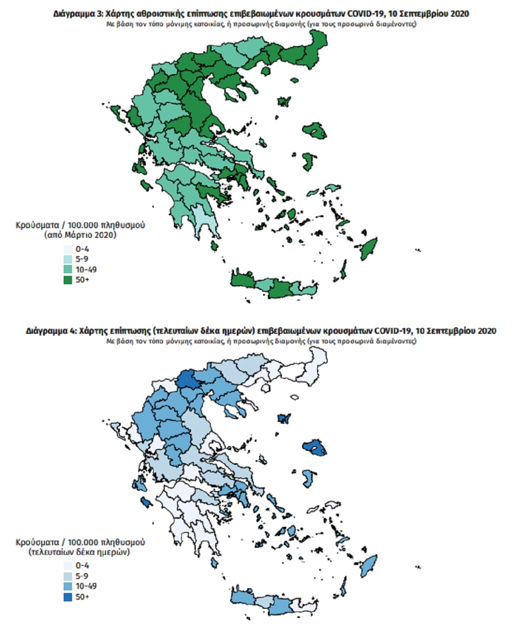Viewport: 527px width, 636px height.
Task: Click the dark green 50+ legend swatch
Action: pyautogui.click(x=68, y=279)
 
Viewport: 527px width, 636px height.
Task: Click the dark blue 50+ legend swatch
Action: pyautogui.click(x=68, y=597)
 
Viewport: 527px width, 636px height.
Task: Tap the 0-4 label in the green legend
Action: pyautogui.click(x=82, y=249)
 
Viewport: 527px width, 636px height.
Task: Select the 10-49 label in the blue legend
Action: pyautogui.click(x=86, y=586)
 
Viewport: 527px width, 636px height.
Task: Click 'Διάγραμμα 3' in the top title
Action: pyautogui.click(x=78, y=14)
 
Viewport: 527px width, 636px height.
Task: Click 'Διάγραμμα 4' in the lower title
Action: pyautogui.click(x=51, y=331)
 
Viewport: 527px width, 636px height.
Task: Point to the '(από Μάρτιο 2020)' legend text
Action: pyautogui.click(x=80, y=235)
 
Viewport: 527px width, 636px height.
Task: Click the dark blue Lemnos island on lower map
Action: pyautogui.click(x=284, y=418)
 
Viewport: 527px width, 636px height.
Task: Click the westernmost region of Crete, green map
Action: pyautogui.click(x=243, y=280)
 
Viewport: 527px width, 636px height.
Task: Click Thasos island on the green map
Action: pyautogui.click(x=265, y=71)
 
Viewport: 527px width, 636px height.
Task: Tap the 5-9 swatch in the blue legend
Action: pyautogui.click(x=68, y=576)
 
